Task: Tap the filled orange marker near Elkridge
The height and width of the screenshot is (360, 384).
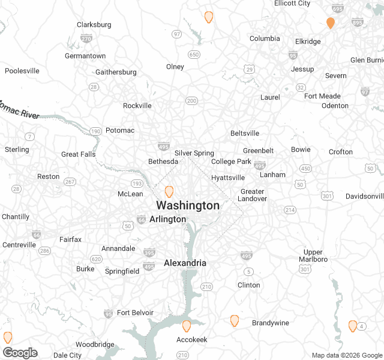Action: tap(330, 23)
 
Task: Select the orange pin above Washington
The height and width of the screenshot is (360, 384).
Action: tap(169, 191)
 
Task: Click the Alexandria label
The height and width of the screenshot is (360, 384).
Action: tap(185, 263)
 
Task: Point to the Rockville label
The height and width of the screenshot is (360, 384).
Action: tap(137, 106)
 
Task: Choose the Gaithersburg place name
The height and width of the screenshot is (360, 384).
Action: tap(116, 72)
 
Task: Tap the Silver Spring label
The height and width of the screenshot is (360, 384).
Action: tap(194, 154)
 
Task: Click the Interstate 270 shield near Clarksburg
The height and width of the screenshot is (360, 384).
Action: tap(86, 38)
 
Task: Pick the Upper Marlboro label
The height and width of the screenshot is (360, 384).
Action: tap(313, 255)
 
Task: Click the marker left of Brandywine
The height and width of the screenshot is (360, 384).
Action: tap(235, 320)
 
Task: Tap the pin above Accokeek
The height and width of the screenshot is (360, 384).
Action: tap(187, 326)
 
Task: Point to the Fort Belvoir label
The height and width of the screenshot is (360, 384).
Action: tap(135, 313)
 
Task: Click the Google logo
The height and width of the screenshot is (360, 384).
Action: tap(20, 352)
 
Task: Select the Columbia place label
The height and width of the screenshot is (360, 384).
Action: tap(265, 38)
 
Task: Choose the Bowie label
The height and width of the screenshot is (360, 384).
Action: tap(301, 149)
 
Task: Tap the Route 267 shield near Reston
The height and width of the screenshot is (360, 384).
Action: tap(70, 182)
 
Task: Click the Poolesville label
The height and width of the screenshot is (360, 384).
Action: tap(22, 71)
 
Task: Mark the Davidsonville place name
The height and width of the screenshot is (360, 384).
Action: tap(364, 196)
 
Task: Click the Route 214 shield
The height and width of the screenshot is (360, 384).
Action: tap(290, 210)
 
